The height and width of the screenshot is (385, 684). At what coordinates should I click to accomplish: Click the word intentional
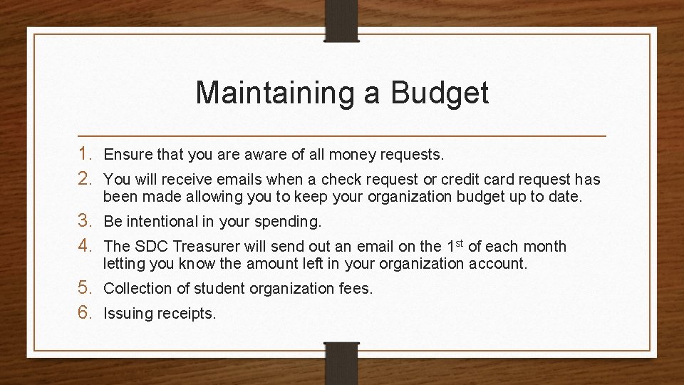168,221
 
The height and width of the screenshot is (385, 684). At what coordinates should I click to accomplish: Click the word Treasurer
204,247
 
